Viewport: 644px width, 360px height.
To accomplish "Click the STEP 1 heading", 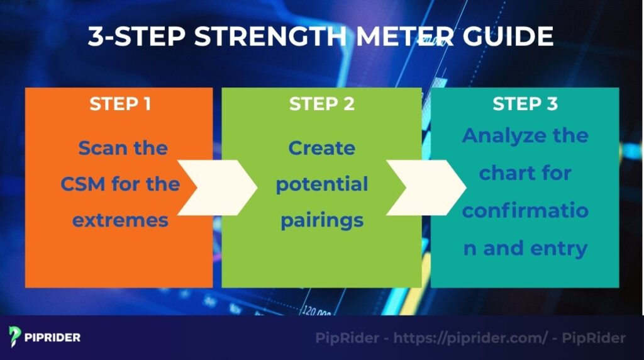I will click(x=120, y=104).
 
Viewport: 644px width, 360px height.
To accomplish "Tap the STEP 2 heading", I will click(x=322, y=104).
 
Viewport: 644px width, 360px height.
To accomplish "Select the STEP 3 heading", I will click(x=525, y=104).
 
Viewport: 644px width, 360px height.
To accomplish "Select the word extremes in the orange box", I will click(x=120, y=220).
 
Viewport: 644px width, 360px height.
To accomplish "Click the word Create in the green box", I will click(x=322, y=149).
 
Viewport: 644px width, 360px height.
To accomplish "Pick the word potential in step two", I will click(x=322, y=185).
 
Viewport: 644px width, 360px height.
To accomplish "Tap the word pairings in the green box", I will click(x=322, y=220).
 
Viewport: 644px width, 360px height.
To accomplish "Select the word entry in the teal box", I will click(x=558, y=247).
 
